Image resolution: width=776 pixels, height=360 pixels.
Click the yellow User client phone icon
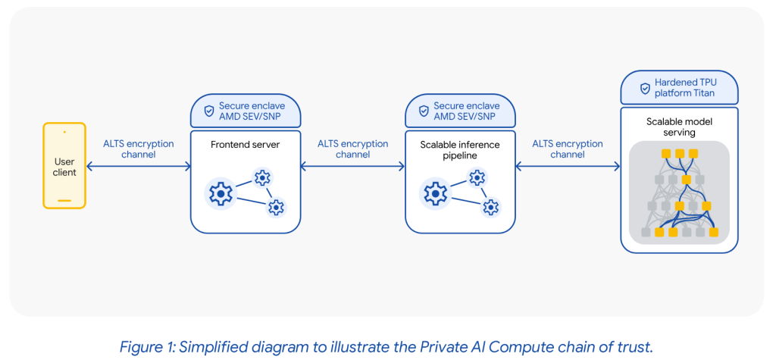click(x=64, y=167)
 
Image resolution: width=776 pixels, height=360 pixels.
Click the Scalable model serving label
click(x=678, y=127)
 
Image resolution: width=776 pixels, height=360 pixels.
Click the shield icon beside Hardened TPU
click(x=645, y=88)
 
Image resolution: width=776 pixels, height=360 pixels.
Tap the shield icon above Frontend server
click(x=208, y=111)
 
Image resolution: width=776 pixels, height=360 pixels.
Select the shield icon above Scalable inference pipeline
click(x=423, y=111)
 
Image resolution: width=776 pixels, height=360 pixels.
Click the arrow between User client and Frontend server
click(x=139, y=167)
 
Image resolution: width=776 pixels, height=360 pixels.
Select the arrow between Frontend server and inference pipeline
click(x=352, y=167)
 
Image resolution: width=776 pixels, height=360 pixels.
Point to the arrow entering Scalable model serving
click(x=568, y=167)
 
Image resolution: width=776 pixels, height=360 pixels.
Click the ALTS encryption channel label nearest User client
click(x=139, y=149)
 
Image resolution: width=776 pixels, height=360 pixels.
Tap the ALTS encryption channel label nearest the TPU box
click(x=568, y=149)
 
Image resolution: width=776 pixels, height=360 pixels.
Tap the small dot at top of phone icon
click(x=64, y=132)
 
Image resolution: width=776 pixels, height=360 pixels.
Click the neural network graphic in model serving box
click(x=679, y=193)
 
